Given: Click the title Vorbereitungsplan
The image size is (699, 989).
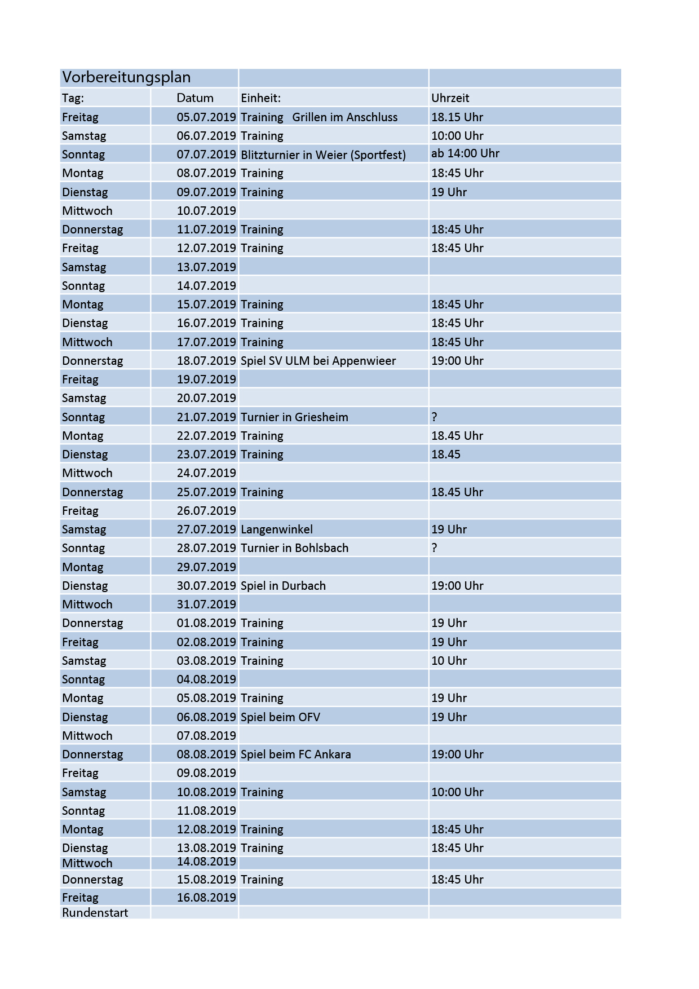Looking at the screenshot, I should pos(126,77).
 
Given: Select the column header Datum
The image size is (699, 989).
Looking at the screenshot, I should pos(195,98).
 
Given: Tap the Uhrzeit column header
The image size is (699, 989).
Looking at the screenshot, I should pos(450,98).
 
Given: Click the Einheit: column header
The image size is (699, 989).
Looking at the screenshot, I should pos(260,98).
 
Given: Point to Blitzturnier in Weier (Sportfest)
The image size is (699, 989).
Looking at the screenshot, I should pos(323,154).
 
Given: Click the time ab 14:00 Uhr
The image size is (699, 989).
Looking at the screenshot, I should pos(465,153).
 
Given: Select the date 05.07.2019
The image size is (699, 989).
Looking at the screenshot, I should pos(206,117).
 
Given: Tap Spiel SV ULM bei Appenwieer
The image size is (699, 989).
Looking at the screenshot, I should pos(318,361).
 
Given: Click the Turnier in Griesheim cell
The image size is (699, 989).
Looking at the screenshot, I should pos(294,417).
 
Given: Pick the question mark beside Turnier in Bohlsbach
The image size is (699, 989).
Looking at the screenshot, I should pos(434,548).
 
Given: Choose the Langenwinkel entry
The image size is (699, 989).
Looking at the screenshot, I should pos(276,529).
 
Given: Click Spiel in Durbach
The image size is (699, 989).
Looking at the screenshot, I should pos(283,586).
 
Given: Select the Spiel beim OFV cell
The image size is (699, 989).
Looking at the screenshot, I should pos(280,717).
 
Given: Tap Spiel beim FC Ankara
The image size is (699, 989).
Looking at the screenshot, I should pos(295,754).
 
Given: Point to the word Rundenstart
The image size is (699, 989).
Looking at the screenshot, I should pos(95,913).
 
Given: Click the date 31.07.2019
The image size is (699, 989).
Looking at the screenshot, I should pos(206,604).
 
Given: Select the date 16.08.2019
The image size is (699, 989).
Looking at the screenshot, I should pos(206,898).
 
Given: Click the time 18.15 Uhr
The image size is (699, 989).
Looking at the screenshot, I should pos(457,117).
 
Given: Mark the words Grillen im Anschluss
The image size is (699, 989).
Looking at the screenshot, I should pos(344,117).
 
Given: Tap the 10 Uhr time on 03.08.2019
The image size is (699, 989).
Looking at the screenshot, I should pos(449,661).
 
